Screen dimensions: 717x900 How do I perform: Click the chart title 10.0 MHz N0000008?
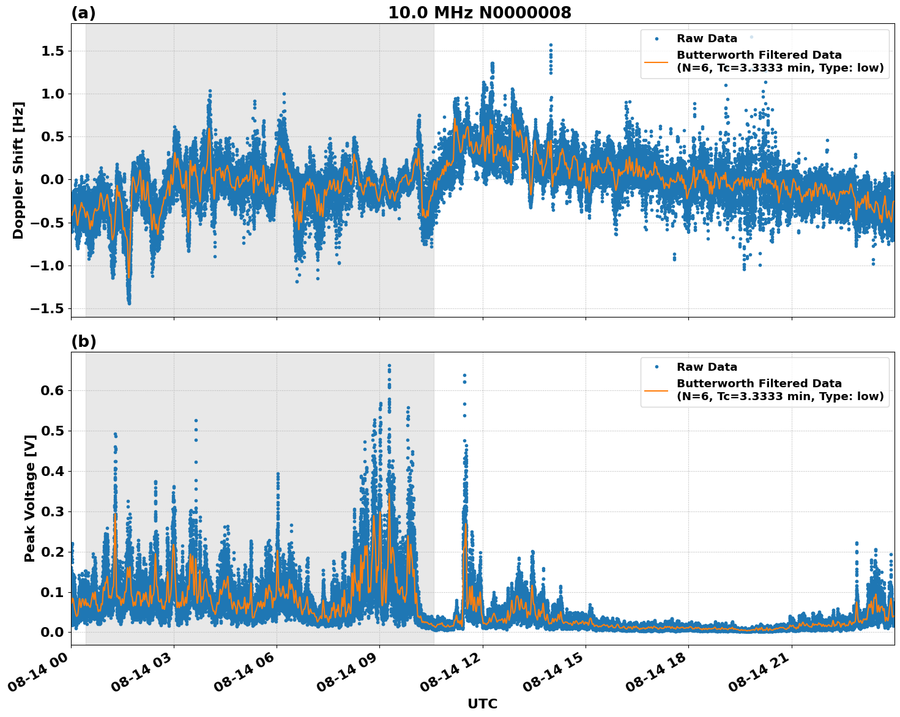[479, 13]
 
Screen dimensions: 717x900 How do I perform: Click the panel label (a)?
[83, 13]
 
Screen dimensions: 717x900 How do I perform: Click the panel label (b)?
[83, 341]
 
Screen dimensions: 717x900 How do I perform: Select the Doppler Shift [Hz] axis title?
[18, 170]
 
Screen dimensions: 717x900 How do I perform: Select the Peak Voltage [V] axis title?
[30, 498]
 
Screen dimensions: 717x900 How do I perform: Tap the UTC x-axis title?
[482, 704]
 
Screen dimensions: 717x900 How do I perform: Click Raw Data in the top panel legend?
[707, 39]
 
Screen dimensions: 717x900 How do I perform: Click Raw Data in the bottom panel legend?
[707, 367]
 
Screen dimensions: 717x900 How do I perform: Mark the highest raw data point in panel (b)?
[389, 366]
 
